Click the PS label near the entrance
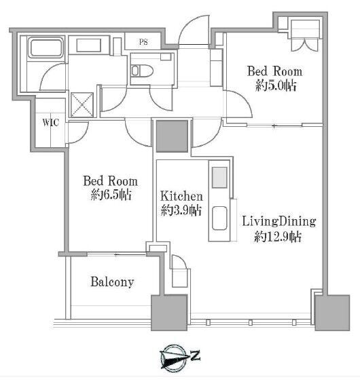point(143,42)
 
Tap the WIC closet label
point(51,122)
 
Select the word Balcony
point(112,282)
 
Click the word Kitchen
point(181,196)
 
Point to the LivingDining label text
point(279,222)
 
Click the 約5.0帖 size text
point(276,85)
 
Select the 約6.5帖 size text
point(111,195)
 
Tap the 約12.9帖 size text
point(278,237)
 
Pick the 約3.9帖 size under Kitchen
point(181,210)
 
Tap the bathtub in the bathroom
point(46,47)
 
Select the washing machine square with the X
point(82,105)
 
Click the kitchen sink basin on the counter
point(219,218)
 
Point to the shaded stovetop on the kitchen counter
point(219,178)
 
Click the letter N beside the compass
point(196,355)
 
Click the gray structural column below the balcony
point(169,313)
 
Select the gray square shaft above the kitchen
point(173,136)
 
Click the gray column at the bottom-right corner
point(332,313)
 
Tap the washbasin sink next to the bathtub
point(89,45)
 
